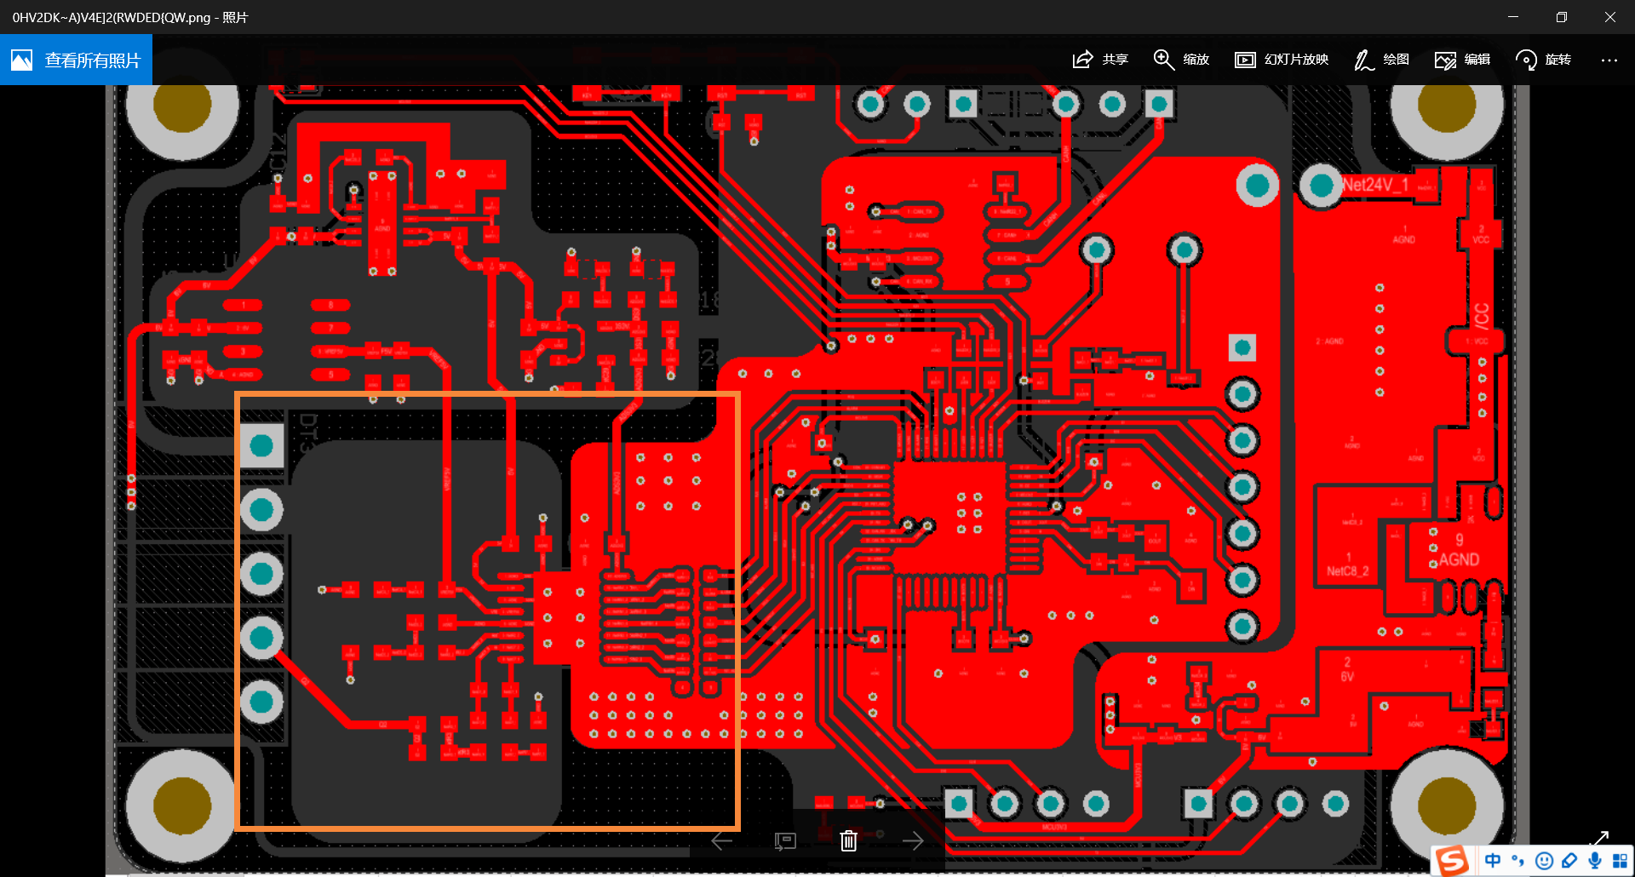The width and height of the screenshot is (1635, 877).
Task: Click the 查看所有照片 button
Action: coord(76,60)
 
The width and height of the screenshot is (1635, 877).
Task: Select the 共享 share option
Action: coord(1100,60)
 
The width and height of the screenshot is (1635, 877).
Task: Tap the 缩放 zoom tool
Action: coord(1181,60)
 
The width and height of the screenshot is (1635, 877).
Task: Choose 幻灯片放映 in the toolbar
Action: coord(1282,60)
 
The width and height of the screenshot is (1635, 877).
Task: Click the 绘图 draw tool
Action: coord(1381,60)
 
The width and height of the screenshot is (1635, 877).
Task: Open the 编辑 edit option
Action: coord(1462,60)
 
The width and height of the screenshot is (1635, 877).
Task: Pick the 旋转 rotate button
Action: coord(1543,60)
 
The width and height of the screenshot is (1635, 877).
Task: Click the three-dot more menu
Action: coord(1609,60)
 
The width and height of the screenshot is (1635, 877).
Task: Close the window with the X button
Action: coord(1609,17)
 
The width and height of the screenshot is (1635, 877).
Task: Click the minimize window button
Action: coord(1513,17)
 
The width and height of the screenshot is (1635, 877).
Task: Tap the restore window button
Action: coord(1561,17)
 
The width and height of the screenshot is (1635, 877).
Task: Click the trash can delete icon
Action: coord(848,841)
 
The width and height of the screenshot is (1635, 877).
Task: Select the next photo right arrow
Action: coord(913,841)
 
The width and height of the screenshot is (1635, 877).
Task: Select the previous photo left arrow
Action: coord(721,841)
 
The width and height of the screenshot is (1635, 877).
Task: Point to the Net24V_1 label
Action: coord(1374,185)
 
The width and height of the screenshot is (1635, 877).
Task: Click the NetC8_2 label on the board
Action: coord(1347,570)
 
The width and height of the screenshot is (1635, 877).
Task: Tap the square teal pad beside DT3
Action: coord(261,444)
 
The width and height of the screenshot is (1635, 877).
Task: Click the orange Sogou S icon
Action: coord(1452,861)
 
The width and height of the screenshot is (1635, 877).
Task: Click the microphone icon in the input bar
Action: coord(1594,861)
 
